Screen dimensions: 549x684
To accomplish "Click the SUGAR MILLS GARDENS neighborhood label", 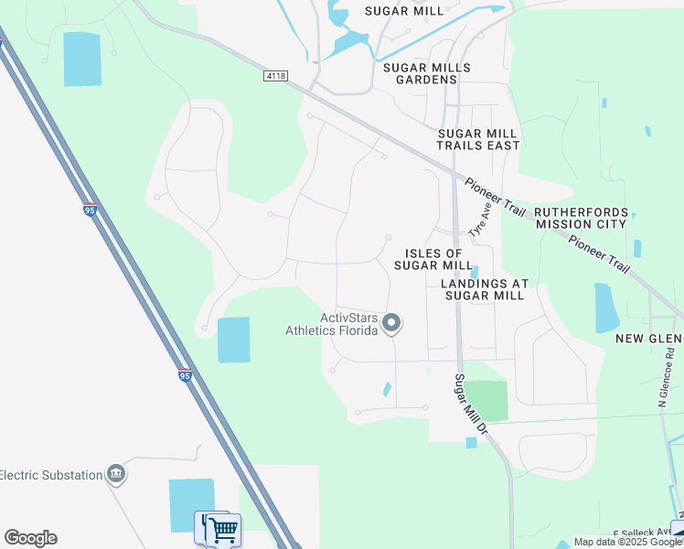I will coord(426,73).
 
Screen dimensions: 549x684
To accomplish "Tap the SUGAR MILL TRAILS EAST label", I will coord(477,139).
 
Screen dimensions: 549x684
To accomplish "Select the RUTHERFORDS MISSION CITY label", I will coord(582,218).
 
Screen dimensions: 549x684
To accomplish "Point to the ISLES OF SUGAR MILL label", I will coord(433,259).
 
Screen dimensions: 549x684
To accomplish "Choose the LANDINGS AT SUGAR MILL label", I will coord(483,289).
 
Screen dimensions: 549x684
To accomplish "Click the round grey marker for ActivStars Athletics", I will coord(391,323).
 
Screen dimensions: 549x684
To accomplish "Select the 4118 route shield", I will coord(274,75).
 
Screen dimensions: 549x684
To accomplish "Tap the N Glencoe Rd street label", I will coord(663,376).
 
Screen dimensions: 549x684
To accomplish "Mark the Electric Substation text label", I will coord(49,474).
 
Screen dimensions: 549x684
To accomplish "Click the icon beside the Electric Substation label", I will coord(116,474).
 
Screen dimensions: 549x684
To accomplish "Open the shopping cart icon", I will coord(223,528).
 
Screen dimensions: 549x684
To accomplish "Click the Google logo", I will coord(30,538).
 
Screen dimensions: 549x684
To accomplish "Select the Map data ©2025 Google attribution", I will coord(627,542).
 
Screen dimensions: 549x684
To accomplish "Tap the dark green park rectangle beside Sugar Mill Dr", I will coord(486,401).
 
